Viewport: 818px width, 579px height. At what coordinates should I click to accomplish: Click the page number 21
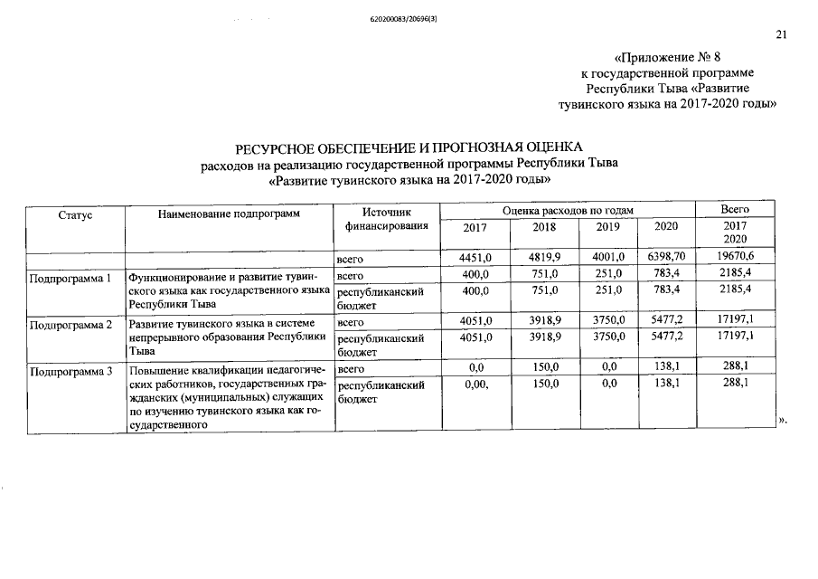pyautogui.click(x=782, y=35)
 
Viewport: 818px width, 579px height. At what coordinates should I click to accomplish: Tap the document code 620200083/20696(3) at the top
pyautogui.click(x=409, y=19)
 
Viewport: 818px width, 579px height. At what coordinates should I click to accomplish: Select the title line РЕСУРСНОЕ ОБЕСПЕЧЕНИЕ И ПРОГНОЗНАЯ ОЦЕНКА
pyautogui.click(x=410, y=148)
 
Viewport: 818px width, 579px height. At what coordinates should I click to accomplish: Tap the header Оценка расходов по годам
pyautogui.click(x=568, y=210)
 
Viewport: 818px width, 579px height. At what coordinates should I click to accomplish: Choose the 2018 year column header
pyautogui.click(x=545, y=228)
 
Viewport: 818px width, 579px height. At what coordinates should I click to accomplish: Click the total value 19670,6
pyautogui.click(x=736, y=258)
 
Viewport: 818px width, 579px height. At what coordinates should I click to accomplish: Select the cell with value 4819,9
pyautogui.click(x=545, y=258)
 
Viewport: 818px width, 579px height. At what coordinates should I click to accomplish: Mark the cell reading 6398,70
pyautogui.click(x=666, y=258)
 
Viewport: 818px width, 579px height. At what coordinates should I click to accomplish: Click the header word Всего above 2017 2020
pyautogui.click(x=736, y=210)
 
